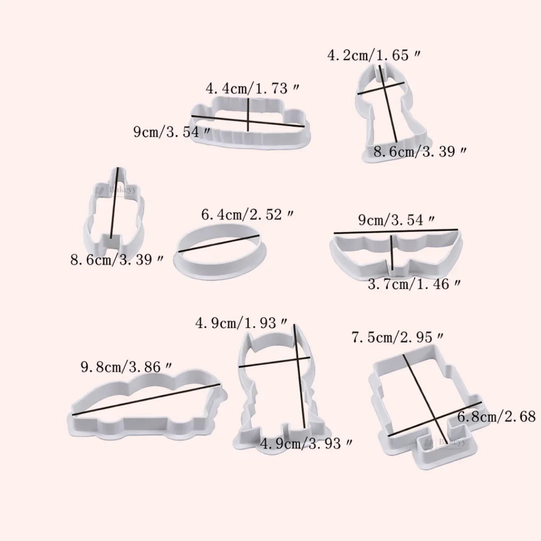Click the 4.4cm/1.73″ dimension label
tap(253, 89)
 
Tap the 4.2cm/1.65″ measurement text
tap(374, 55)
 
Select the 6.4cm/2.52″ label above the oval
tap(247, 216)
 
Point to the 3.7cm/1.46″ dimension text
tap(414, 285)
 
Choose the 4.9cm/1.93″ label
tap(242, 323)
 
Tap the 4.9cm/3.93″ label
tap(307, 443)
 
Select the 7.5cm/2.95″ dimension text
tap(397, 338)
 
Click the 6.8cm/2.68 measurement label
tap(496, 416)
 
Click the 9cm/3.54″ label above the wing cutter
tap(396, 220)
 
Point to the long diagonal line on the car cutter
tap(145, 399)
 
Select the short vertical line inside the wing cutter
tap(392, 253)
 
